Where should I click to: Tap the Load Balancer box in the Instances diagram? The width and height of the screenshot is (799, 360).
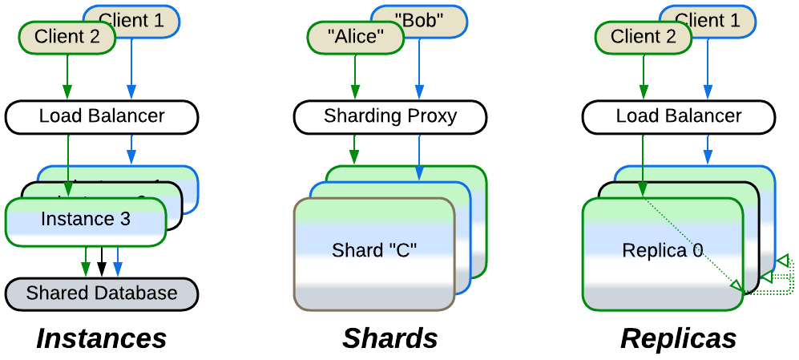tap(102, 116)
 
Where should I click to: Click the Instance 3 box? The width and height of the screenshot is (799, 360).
tap(85, 219)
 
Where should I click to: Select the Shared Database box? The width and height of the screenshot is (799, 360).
tap(102, 293)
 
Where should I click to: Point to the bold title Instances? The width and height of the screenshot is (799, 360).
tap(102, 338)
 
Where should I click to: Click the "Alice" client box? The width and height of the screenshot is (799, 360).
tap(354, 37)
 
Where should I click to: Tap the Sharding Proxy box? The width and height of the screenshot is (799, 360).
tap(390, 116)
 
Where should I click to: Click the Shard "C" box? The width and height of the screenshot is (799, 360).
tap(374, 250)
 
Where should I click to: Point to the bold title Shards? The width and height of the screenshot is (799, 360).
tap(390, 338)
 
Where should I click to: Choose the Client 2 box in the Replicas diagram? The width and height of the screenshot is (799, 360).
tap(643, 37)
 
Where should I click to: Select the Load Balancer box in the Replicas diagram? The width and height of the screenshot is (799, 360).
tap(679, 116)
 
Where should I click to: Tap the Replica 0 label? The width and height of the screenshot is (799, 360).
tap(662, 251)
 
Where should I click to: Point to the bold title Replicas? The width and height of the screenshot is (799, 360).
tap(678, 338)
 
